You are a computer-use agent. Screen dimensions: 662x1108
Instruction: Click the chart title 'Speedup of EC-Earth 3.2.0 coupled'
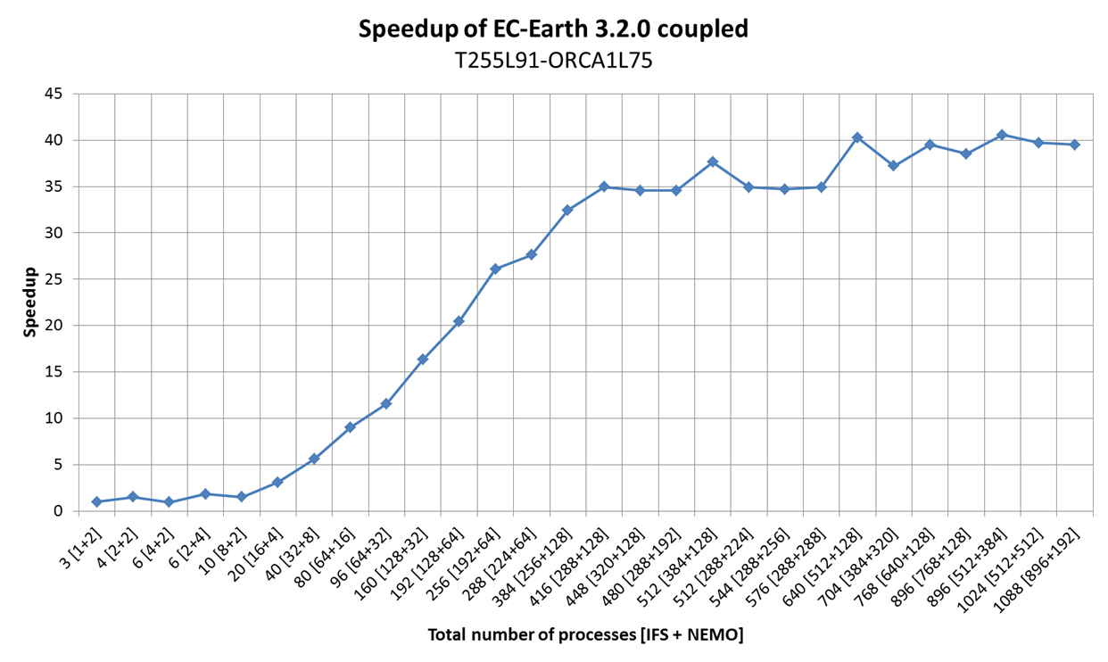[x=553, y=29]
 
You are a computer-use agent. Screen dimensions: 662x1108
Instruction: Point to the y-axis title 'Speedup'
[x=30, y=302]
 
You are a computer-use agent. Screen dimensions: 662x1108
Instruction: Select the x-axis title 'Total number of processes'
[x=585, y=634]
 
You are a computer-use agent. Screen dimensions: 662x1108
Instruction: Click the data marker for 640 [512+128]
[x=856, y=137]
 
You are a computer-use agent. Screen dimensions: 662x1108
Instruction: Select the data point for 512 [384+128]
[x=712, y=161]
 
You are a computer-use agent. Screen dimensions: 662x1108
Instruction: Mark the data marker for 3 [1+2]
[x=96, y=501]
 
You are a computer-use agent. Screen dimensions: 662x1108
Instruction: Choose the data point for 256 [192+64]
[x=495, y=269]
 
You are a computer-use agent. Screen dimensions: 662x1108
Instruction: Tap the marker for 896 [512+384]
[x=1002, y=135]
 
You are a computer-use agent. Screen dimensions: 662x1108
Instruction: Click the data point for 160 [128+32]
[x=423, y=359]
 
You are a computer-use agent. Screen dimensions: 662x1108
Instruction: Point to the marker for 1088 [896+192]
[x=1074, y=145]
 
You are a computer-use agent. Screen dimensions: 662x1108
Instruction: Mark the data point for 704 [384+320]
[x=893, y=165]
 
